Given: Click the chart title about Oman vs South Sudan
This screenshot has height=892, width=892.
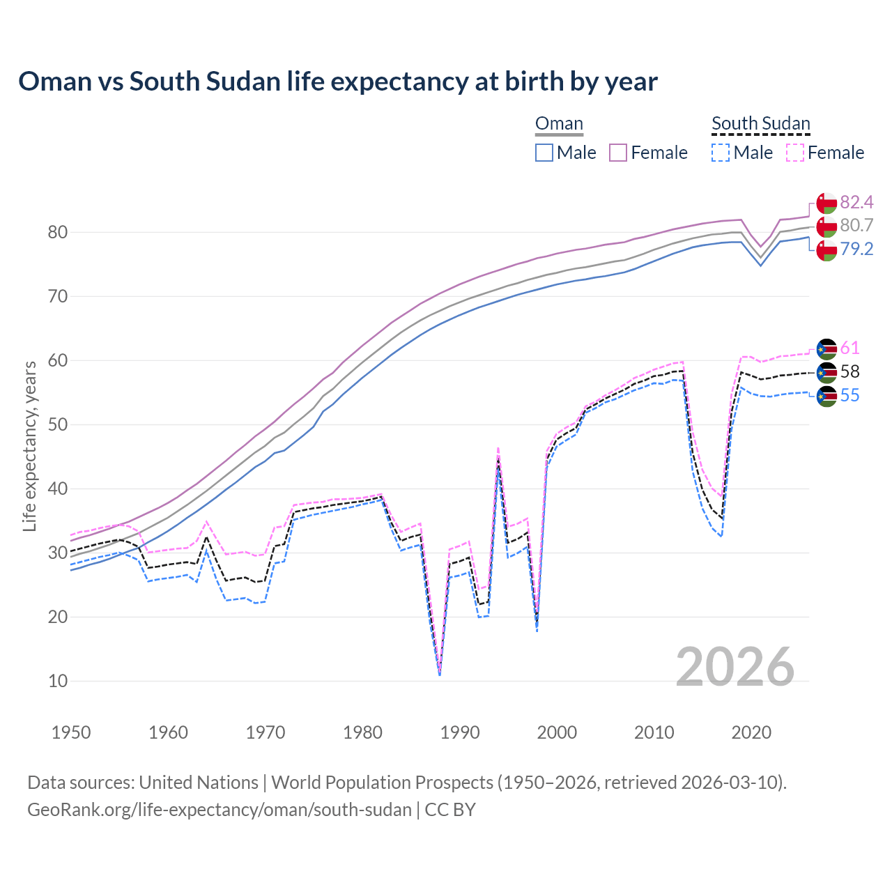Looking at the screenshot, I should pos(338,82).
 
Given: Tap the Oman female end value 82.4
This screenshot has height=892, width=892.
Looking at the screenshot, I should pos(856,202).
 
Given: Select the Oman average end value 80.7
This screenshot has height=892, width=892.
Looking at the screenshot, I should pos(856,225).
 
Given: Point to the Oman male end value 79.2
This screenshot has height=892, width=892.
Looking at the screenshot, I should pos(856,249).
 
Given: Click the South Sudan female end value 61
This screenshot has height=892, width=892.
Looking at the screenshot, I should pos(849,348).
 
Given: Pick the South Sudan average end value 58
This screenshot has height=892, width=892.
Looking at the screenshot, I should pos(849,371).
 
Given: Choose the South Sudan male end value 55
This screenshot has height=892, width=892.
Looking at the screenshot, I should pos(849,395).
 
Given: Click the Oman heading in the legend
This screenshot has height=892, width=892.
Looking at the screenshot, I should pos(559,124).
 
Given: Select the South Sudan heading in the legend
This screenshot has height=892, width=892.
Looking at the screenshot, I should pos(760,124).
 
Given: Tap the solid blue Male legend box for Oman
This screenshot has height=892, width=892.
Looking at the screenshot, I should pos(544,153).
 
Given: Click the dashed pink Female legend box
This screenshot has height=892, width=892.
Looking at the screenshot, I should pos(795,153).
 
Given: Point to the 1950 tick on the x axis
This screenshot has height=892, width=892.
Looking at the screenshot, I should pos(71,732).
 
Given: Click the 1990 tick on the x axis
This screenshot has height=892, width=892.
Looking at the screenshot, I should pos(460,732).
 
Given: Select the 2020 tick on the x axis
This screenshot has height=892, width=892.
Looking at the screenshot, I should pos(751,732).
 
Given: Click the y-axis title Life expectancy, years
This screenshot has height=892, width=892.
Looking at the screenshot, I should pos(29,446).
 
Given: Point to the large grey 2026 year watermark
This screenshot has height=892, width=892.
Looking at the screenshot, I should pos(735,667).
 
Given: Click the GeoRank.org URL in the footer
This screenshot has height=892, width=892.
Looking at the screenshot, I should pos(220,810).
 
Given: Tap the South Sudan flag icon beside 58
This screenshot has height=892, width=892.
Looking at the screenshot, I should pos(826,372).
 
